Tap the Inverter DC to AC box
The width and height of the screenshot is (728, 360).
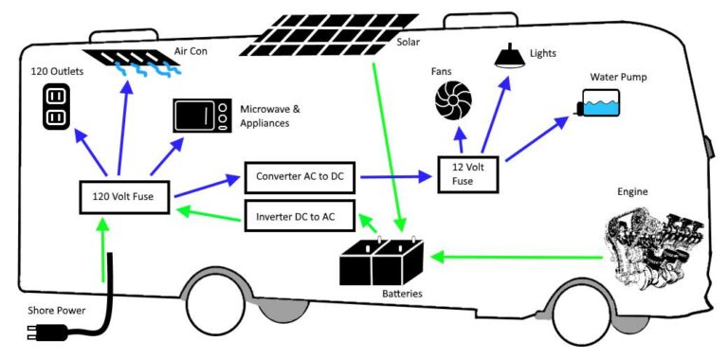click(x=300, y=216)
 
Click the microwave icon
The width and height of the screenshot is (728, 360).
click(x=202, y=116)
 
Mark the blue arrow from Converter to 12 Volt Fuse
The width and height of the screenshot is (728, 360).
click(x=388, y=177)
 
